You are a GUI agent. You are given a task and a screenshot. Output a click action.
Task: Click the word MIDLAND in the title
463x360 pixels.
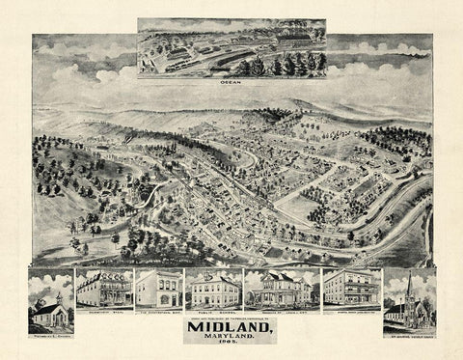[230, 325]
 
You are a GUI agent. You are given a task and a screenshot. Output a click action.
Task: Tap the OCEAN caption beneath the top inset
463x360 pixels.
[231, 82]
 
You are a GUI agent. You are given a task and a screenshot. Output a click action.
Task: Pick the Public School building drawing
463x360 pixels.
[212, 291]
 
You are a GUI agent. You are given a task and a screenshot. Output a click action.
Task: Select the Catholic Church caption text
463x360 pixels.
[409, 334]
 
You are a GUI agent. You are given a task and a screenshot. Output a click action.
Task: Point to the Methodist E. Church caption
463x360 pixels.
[50, 335]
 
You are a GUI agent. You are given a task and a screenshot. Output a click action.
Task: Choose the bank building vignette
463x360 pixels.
[159, 290]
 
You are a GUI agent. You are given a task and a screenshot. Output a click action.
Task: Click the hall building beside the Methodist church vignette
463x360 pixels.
[103, 290]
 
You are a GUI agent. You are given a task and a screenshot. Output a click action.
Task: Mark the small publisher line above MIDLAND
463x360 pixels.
[230, 315]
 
